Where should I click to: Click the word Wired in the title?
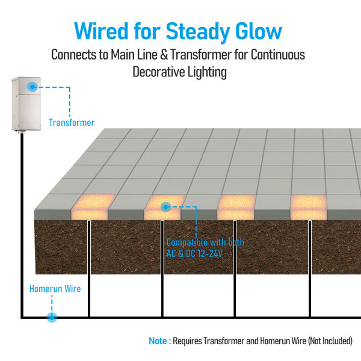(x=101, y=31)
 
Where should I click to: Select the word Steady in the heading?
(x=197, y=32)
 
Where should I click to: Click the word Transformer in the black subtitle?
(x=201, y=55)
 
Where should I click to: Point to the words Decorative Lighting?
(x=179, y=72)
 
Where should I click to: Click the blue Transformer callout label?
(x=72, y=123)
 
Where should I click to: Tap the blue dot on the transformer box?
(x=32, y=87)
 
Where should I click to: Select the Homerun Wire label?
(x=55, y=289)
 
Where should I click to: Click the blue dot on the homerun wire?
(x=52, y=318)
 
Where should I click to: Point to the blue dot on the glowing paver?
(x=165, y=207)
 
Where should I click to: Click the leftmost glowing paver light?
(x=93, y=207)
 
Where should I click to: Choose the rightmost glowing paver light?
(x=309, y=207)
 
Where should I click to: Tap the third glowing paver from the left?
(x=236, y=207)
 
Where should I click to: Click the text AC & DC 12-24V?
(x=194, y=254)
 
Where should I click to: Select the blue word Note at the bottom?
(x=158, y=341)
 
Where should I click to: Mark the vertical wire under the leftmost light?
(x=89, y=268)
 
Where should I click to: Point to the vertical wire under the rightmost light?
(x=310, y=268)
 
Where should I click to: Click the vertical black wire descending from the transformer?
(x=22, y=225)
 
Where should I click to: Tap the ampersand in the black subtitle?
(x=164, y=55)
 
